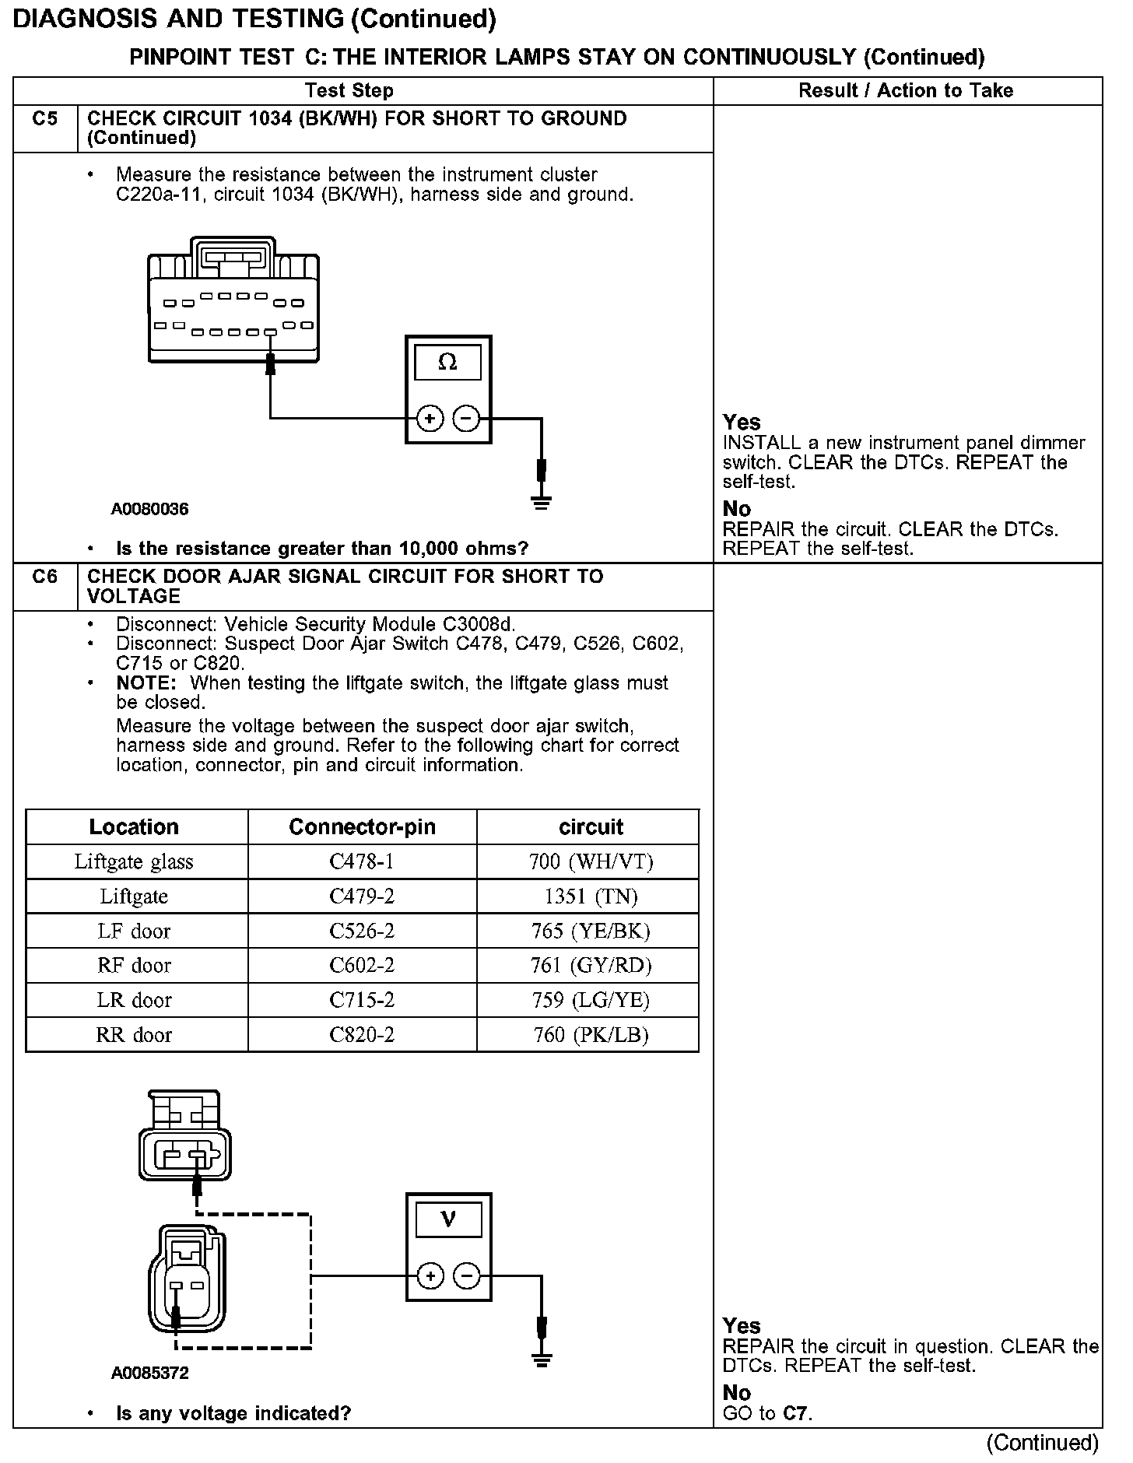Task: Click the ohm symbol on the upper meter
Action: (x=447, y=362)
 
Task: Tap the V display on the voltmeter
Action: (x=447, y=1219)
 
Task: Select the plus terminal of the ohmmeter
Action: (x=430, y=419)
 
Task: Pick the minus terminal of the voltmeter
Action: (x=466, y=1275)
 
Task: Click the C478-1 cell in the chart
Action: (x=362, y=861)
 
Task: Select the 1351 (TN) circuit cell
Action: (x=591, y=896)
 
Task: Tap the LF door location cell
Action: (x=134, y=931)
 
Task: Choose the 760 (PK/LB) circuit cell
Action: (x=591, y=1035)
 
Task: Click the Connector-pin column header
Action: (x=362, y=826)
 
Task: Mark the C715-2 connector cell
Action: (x=362, y=1000)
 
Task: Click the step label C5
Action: (x=45, y=119)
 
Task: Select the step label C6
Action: (x=45, y=577)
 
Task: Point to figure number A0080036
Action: (x=149, y=510)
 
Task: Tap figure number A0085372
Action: (x=149, y=1374)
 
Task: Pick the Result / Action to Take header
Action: (x=906, y=91)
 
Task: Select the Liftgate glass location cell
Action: (x=134, y=861)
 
